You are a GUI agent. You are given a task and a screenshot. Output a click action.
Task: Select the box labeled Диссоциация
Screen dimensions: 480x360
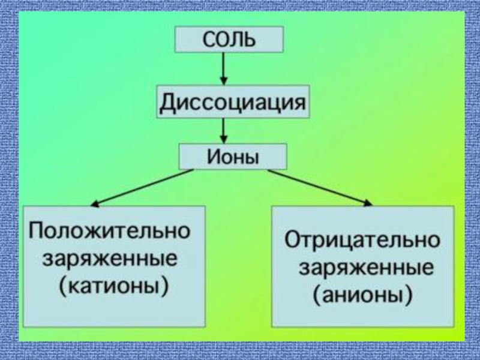pyautogui.click(x=233, y=103)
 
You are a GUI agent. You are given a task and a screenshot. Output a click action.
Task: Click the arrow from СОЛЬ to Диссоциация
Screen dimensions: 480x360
pyautogui.click(x=224, y=67)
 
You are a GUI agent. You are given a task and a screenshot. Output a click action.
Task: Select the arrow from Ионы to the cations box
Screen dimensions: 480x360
pyautogui.click(x=144, y=187)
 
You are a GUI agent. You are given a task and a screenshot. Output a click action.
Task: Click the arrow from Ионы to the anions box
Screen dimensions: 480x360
pyautogui.click(x=319, y=187)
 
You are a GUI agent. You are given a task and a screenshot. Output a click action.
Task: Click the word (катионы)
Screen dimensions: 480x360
pyautogui.click(x=113, y=286)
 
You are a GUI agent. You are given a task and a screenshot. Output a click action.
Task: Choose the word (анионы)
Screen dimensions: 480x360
pyautogui.click(x=362, y=295)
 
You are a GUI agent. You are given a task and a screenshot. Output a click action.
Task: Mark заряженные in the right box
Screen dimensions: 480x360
pyautogui.click(x=366, y=268)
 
